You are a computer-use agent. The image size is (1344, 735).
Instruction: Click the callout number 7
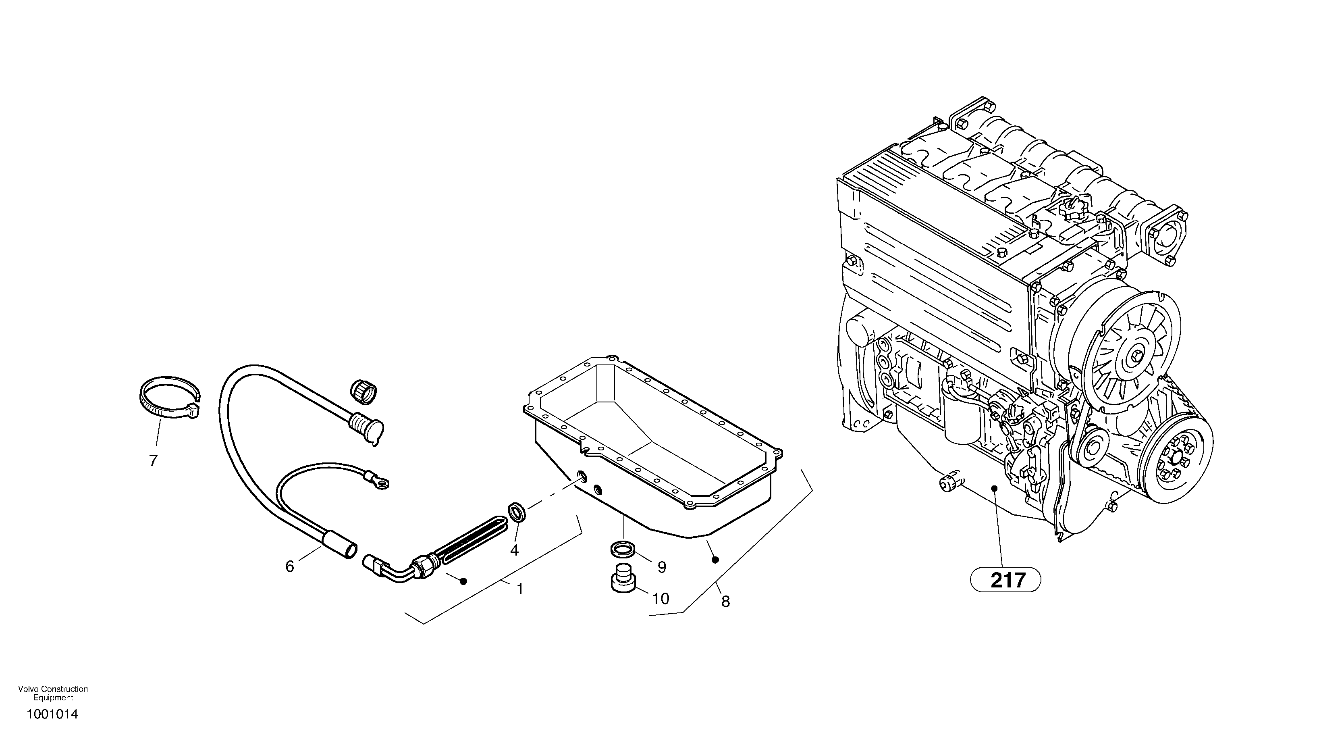tap(153, 460)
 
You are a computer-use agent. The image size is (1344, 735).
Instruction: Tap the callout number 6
tap(290, 566)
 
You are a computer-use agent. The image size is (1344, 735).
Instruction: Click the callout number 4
tap(515, 550)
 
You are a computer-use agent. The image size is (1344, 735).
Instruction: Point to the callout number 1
tap(519, 589)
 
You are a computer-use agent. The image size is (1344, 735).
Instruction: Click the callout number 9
tap(662, 567)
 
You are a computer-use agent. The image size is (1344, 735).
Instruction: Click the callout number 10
tap(661, 598)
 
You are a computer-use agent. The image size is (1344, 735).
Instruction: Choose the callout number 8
tap(725, 602)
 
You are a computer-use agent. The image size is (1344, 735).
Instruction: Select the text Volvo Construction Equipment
tap(53, 693)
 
